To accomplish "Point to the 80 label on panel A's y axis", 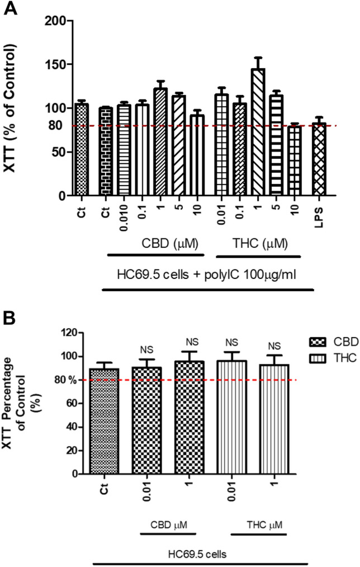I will coord(54,126).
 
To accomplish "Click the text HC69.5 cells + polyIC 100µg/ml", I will coord(206,275).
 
